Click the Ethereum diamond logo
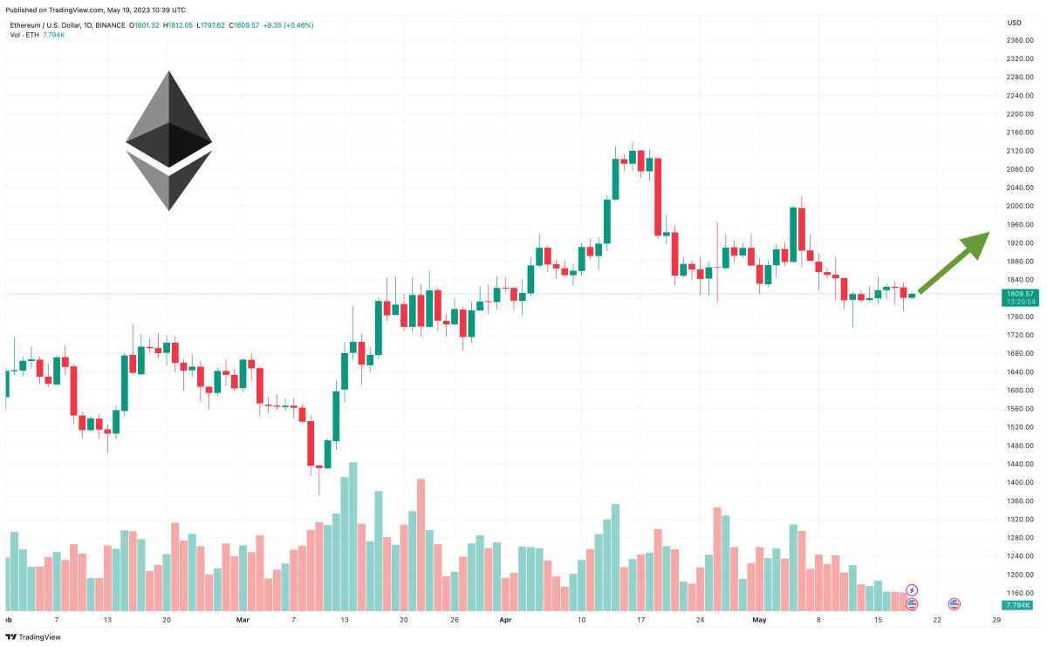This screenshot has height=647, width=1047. (x=168, y=140)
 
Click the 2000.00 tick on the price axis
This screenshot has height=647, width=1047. (x=1019, y=206)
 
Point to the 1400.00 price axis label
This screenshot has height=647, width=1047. (x=1019, y=482)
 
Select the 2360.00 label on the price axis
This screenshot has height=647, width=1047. (x=1019, y=40)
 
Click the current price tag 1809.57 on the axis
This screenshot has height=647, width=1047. (x=1019, y=294)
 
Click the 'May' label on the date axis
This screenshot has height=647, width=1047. (x=759, y=620)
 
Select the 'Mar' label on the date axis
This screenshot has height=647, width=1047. (x=243, y=620)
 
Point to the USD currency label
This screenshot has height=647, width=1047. (x=1014, y=23)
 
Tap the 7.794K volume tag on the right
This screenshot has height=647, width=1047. (x=1017, y=605)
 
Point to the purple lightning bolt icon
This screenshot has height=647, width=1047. (x=912, y=590)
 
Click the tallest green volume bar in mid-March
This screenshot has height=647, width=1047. (x=353, y=536)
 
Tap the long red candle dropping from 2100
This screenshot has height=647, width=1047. (x=657, y=197)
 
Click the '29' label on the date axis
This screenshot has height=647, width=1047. (x=996, y=620)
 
